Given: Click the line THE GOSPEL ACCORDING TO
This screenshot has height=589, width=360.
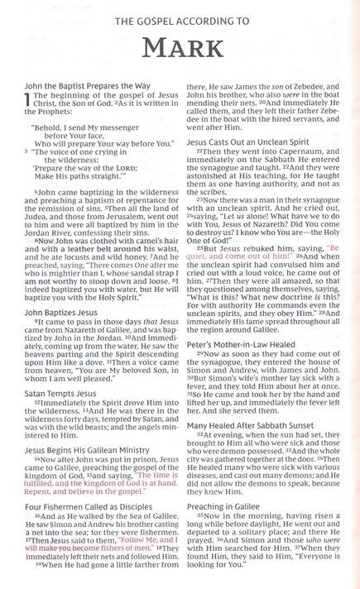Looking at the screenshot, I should click(180, 17).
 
